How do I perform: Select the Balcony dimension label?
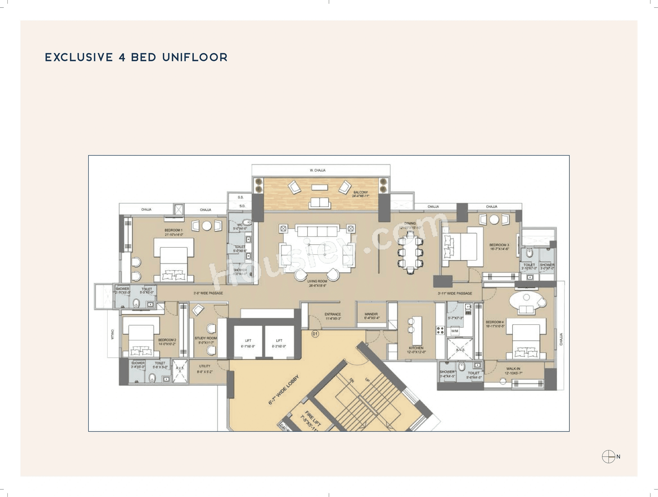[x=361, y=194]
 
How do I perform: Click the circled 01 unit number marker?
[x=315, y=334]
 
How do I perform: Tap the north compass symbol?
[x=608, y=457]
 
